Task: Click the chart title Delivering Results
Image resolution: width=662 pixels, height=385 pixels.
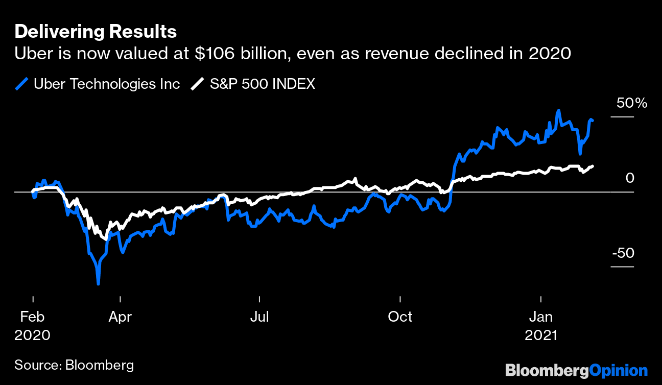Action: (x=96, y=32)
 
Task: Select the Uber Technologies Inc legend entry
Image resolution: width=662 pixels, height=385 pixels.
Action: (x=107, y=84)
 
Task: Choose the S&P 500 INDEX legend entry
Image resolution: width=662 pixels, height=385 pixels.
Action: (x=263, y=84)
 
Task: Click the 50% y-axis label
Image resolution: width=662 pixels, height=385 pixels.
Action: (x=632, y=103)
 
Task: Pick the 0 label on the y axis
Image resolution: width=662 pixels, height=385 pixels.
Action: (x=629, y=178)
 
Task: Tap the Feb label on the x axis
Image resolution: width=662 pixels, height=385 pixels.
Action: (x=32, y=317)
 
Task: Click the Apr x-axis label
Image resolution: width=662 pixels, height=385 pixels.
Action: (x=120, y=317)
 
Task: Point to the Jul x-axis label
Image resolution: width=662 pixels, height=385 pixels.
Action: (x=259, y=317)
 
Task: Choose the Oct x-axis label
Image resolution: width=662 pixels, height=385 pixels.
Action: (x=400, y=317)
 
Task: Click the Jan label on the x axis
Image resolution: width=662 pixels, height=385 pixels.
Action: (x=540, y=317)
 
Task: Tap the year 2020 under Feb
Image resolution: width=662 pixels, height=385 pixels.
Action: (x=32, y=335)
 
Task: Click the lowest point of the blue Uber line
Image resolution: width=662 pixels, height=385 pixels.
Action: (x=98, y=283)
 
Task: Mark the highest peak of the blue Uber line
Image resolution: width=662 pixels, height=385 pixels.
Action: (x=559, y=110)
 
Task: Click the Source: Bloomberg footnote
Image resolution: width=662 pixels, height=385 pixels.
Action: (x=74, y=365)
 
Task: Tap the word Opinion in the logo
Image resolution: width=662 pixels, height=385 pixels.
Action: (x=619, y=370)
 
